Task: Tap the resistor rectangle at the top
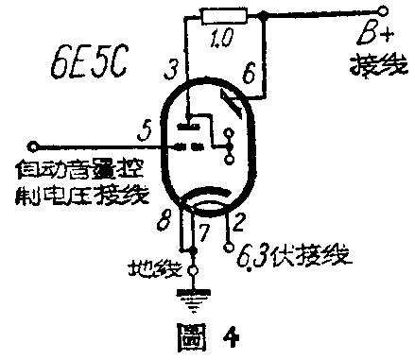coord(224,14)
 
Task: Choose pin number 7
coord(203,231)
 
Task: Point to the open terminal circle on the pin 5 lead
coord(34,146)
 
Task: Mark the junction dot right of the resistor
coord(266,15)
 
